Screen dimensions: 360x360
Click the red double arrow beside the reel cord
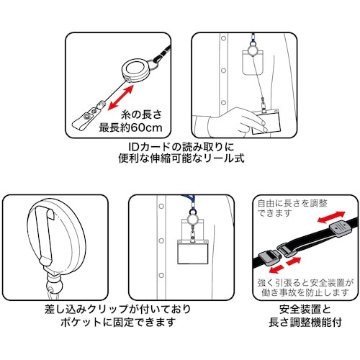[120, 98]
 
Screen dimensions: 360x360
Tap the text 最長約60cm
[131, 127]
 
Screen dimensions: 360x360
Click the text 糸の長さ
[142, 114]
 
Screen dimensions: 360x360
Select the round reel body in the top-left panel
[135, 70]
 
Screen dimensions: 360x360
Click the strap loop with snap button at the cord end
[84, 119]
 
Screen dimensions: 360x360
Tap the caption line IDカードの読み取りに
[181, 147]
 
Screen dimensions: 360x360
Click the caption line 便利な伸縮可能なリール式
[181, 158]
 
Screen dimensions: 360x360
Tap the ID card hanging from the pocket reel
[193, 251]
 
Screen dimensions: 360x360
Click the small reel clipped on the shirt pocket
[193, 220]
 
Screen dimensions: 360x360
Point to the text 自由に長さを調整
[292, 204]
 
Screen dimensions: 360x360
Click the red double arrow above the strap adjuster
[331, 217]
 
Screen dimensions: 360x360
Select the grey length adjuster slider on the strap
[340, 229]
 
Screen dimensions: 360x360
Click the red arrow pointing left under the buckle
[276, 269]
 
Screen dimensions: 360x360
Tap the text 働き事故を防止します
[305, 293]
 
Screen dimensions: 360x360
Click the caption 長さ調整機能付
[305, 323]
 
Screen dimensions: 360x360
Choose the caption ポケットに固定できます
[117, 323]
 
